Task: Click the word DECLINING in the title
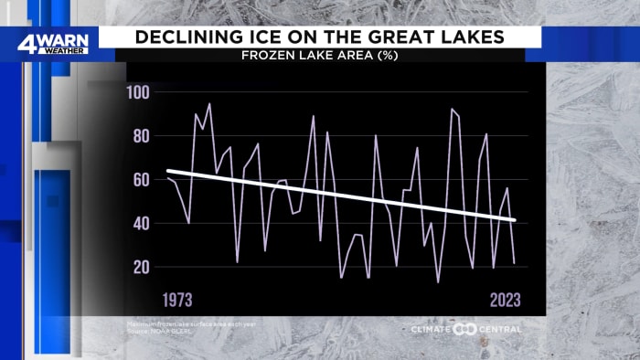(x=192, y=37)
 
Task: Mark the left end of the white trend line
(x=166, y=171)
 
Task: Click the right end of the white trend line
(x=516, y=220)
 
